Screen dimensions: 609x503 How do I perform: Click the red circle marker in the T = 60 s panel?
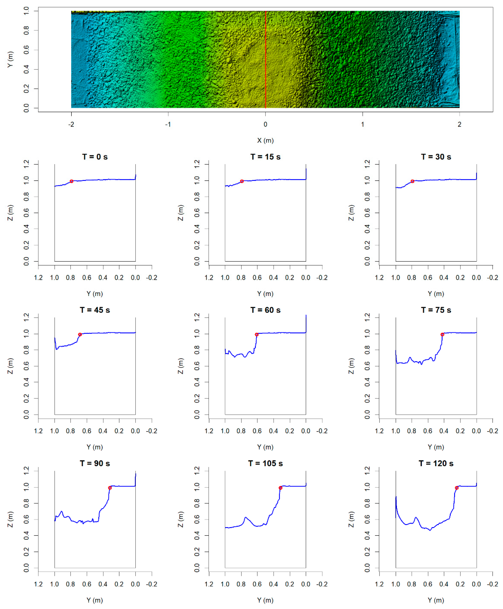[x=256, y=335]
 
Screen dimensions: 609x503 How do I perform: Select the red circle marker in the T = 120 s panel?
[x=457, y=488]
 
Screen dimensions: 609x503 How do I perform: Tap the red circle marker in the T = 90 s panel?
[x=110, y=488]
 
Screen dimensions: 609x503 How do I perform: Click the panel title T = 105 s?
[x=265, y=463]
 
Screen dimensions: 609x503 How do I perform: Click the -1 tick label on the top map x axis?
[x=168, y=124]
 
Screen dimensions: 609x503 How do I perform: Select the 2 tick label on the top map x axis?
[x=459, y=124]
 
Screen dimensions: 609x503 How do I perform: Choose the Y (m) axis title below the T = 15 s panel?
[x=265, y=294]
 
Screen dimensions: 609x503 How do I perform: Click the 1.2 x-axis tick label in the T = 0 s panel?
[x=38, y=278]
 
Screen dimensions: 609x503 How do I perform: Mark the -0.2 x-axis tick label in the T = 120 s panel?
[x=493, y=584]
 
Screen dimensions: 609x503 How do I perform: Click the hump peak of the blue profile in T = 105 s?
[x=246, y=517]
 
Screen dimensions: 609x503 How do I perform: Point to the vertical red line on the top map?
[x=266, y=59]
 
